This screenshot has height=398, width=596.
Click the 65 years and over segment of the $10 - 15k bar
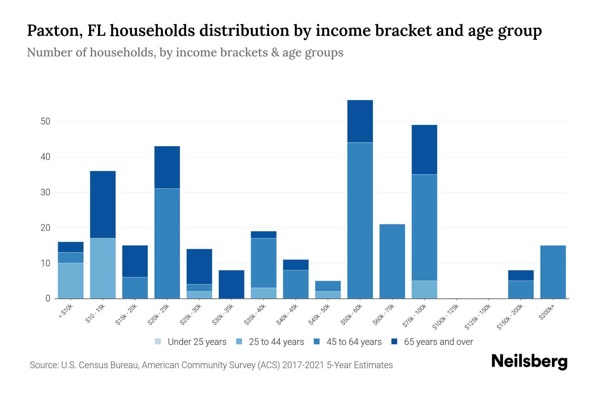click(x=103, y=204)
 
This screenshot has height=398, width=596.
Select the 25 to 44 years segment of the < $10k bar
click(x=71, y=281)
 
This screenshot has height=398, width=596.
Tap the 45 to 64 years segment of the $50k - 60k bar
click(x=360, y=220)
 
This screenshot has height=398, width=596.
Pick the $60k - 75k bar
click(x=392, y=261)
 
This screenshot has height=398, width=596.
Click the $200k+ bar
click(x=553, y=272)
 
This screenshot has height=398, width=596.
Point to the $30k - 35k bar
click(x=231, y=284)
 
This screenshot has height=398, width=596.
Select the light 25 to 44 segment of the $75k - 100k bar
click(x=424, y=290)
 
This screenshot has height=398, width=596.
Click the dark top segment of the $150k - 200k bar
click(x=521, y=275)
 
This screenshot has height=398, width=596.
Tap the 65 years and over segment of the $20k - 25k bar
click(x=167, y=167)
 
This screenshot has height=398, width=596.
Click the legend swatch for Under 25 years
click(x=158, y=342)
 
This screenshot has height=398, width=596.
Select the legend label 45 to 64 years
click(x=354, y=342)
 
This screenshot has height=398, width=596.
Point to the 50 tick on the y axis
click(x=45, y=121)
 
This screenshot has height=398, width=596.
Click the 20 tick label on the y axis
click(x=45, y=228)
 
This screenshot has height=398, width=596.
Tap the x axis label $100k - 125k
click(x=446, y=317)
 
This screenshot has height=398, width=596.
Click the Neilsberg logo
click(x=529, y=362)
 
